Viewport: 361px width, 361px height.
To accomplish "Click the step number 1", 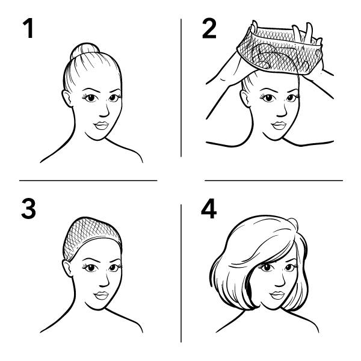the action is tap(28, 28).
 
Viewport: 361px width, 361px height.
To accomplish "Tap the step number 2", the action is tap(209, 28).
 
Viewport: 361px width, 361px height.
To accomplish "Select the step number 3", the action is tap(28, 209).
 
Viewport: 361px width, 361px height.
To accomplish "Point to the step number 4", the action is tap(209, 209).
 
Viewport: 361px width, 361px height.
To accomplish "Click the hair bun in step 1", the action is tap(85, 50).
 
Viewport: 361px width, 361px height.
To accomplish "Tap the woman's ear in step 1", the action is tap(67, 99).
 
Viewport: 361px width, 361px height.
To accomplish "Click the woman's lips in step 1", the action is tap(101, 126).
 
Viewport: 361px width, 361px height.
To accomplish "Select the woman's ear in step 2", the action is tap(245, 99).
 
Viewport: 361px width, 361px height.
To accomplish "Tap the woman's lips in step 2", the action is tap(279, 126).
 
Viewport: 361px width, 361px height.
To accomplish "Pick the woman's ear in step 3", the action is tap(67, 268).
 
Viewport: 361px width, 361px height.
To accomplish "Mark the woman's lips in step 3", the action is tap(101, 295).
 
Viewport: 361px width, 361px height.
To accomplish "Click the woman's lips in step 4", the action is tap(277, 295).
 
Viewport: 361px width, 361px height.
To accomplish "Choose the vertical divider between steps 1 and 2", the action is tap(181, 88).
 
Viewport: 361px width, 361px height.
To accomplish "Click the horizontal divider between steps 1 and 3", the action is tap(88, 180).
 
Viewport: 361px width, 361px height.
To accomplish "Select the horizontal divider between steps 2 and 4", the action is tap(274, 180).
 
